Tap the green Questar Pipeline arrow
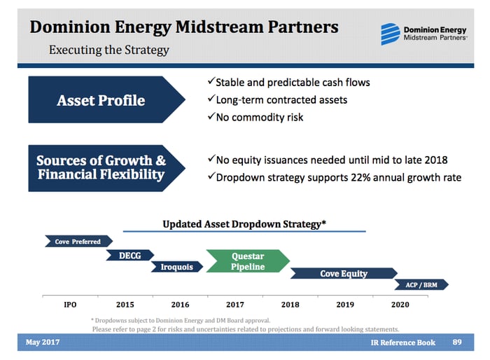246,261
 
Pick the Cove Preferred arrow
77,242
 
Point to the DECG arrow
130,256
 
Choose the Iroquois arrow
176,267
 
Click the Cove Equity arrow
343,273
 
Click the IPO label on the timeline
70,305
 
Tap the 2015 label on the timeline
125,305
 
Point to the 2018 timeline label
290,305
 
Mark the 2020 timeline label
400,305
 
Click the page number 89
458,342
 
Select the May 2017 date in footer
43,342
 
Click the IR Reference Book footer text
402,342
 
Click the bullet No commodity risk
258,117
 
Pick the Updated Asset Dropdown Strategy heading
244,224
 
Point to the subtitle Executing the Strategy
108,50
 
